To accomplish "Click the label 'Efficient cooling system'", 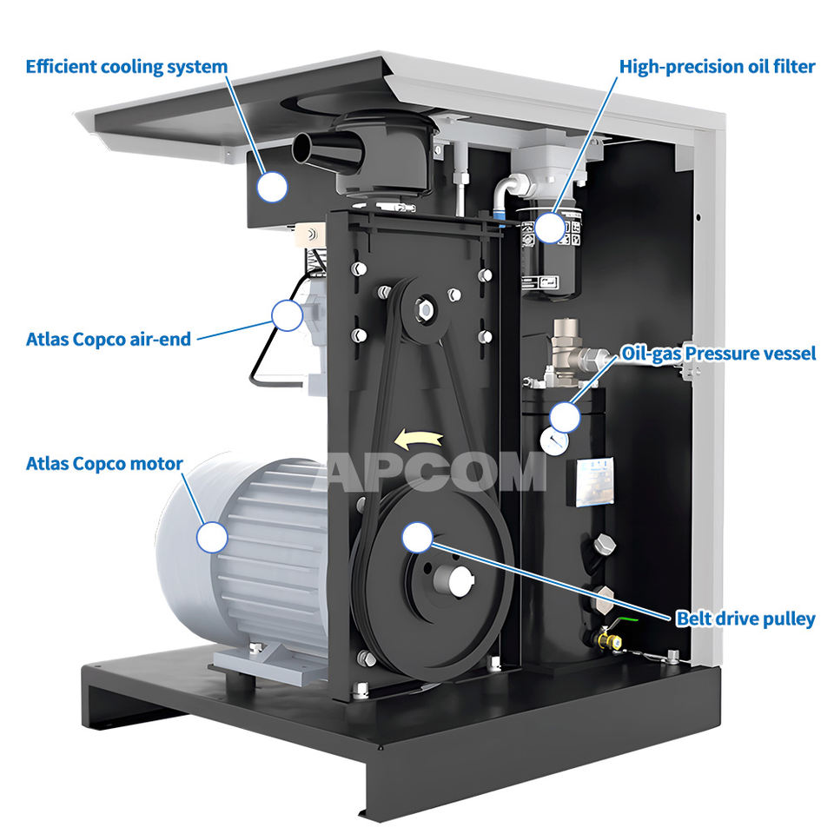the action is pyautogui.click(x=127, y=67).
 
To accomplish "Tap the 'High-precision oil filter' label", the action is pyautogui.click(x=717, y=67).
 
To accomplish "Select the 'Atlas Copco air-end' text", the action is pyautogui.click(x=108, y=339).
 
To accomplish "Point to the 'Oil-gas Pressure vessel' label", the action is pyautogui.click(x=718, y=354).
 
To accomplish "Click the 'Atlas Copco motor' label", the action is pyautogui.click(x=104, y=464).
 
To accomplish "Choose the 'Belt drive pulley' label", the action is pyautogui.click(x=745, y=619).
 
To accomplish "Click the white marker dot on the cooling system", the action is pyautogui.click(x=274, y=186).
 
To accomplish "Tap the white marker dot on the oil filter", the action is pyautogui.click(x=549, y=228).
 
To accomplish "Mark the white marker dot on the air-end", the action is pyautogui.click(x=286, y=314).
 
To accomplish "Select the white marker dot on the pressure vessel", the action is pyautogui.click(x=566, y=416).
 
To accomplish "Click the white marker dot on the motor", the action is pyautogui.click(x=211, y=536).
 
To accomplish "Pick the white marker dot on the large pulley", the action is pyautogui.click(x=417, y=537).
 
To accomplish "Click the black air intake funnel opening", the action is pyautogui.click(x=300, y=149).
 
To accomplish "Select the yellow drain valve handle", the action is pyautogui.click(x=612, y=643).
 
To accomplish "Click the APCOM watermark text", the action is pyautogui.click(x=434, y=473).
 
